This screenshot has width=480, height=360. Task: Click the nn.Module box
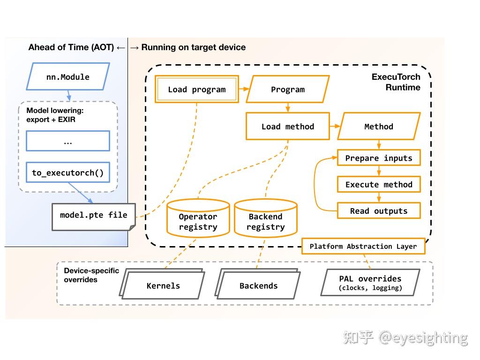[x=68, y=77]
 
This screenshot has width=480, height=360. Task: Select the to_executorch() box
[x=68, y=172]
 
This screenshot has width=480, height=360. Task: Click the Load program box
[x=197, y=90]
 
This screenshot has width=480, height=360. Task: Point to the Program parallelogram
[x=288, y=90]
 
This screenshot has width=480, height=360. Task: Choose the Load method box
[x=288, y=127]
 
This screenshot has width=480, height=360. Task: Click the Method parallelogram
[x=379, y=127]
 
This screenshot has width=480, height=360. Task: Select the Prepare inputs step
[x=379, y=158]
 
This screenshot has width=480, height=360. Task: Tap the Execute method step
[x=379, y=184]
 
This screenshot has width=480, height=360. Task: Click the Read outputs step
[x=379, y=211]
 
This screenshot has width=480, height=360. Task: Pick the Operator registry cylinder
[x=198, y=219]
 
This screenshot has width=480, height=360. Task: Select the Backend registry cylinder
[x=265, y=219]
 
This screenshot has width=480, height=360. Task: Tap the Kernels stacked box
[x=163, y=285]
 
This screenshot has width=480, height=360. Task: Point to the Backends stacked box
[x=258, y=285]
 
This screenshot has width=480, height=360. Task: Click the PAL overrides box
[x=370, y=283]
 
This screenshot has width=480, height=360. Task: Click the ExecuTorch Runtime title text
[x=396, y=82]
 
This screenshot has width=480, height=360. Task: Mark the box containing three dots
[x=68, y=141]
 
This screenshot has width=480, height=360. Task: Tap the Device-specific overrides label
[x=91, y=275]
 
